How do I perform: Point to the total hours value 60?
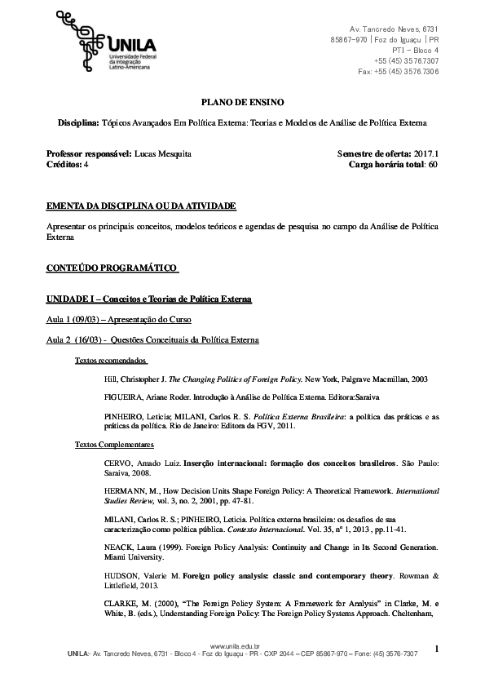tap(434, 164)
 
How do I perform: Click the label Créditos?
tap(64, 164)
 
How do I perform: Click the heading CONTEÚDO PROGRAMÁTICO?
tap(112, 267)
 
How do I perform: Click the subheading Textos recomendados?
tap(111, 359)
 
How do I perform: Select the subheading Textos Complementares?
tap(114, 444)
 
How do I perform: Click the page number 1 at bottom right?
tap(437, 649)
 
